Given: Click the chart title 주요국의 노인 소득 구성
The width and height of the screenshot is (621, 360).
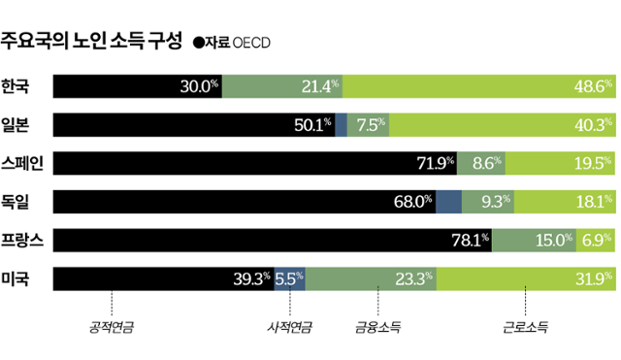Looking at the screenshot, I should [x=91, y=41].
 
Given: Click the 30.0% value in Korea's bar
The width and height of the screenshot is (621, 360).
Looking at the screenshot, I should [x=199, y=86].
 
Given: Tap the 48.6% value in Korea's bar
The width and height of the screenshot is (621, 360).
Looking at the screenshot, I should [x=593, y=86].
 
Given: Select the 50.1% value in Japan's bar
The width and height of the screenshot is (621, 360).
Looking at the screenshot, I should [x=311, y=124].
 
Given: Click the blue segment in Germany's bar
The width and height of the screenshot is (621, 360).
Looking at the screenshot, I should [x=449, y=202].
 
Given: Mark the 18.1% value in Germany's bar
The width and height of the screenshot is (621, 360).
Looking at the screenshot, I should [x=593, y=202].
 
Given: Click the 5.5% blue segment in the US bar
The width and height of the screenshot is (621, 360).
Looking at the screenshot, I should [x=290, y=279].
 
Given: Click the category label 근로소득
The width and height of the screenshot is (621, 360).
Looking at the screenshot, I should [x=525, y=328].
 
